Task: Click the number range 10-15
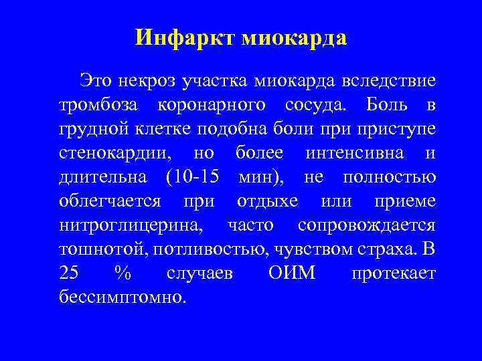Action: click(197, 177)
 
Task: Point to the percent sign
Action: click(121, 273)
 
